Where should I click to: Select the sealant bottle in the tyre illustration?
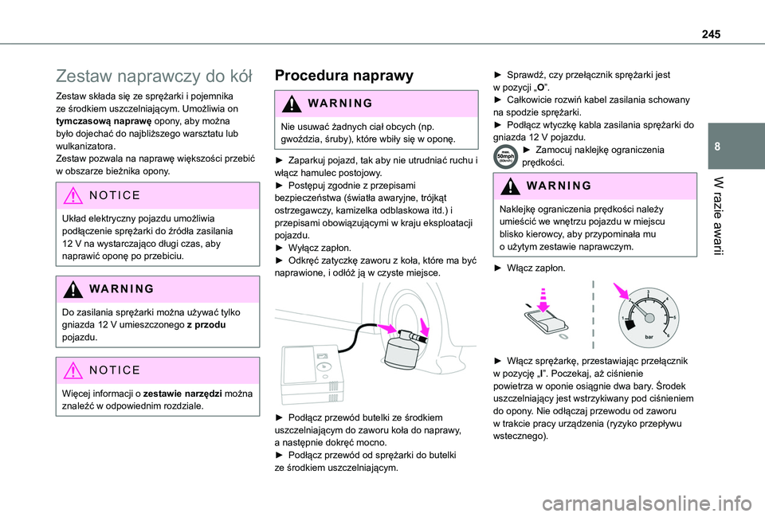click(x=406, y=347)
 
